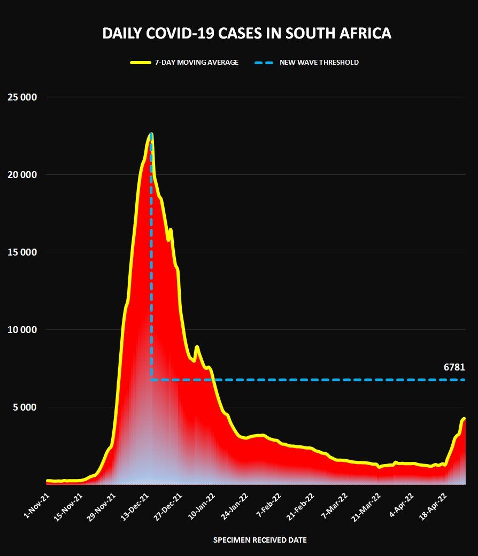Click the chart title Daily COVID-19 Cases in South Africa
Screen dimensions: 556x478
(246, 34)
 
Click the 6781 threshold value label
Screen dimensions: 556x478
(454, 367)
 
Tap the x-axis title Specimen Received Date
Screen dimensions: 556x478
(260, 540)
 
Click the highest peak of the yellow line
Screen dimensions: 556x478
(151, 134)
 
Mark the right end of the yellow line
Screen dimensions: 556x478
(464, 419)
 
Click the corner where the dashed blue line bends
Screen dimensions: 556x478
(152, 380)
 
